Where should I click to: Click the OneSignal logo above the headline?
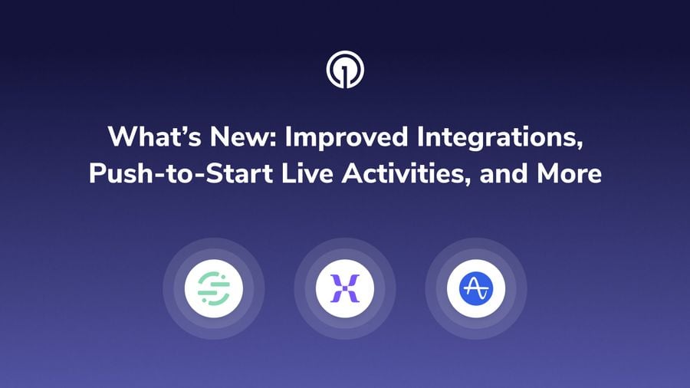pyautogui.click(x=345, y=71)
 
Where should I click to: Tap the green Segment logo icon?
pyautogui.click(x=214, y=289)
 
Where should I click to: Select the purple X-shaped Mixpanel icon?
pyautogui.click(x=345, y=289)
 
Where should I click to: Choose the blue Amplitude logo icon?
pyautogui.click(x=476, y=289)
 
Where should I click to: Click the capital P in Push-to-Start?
pyautogui.click(x=97, y=173)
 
